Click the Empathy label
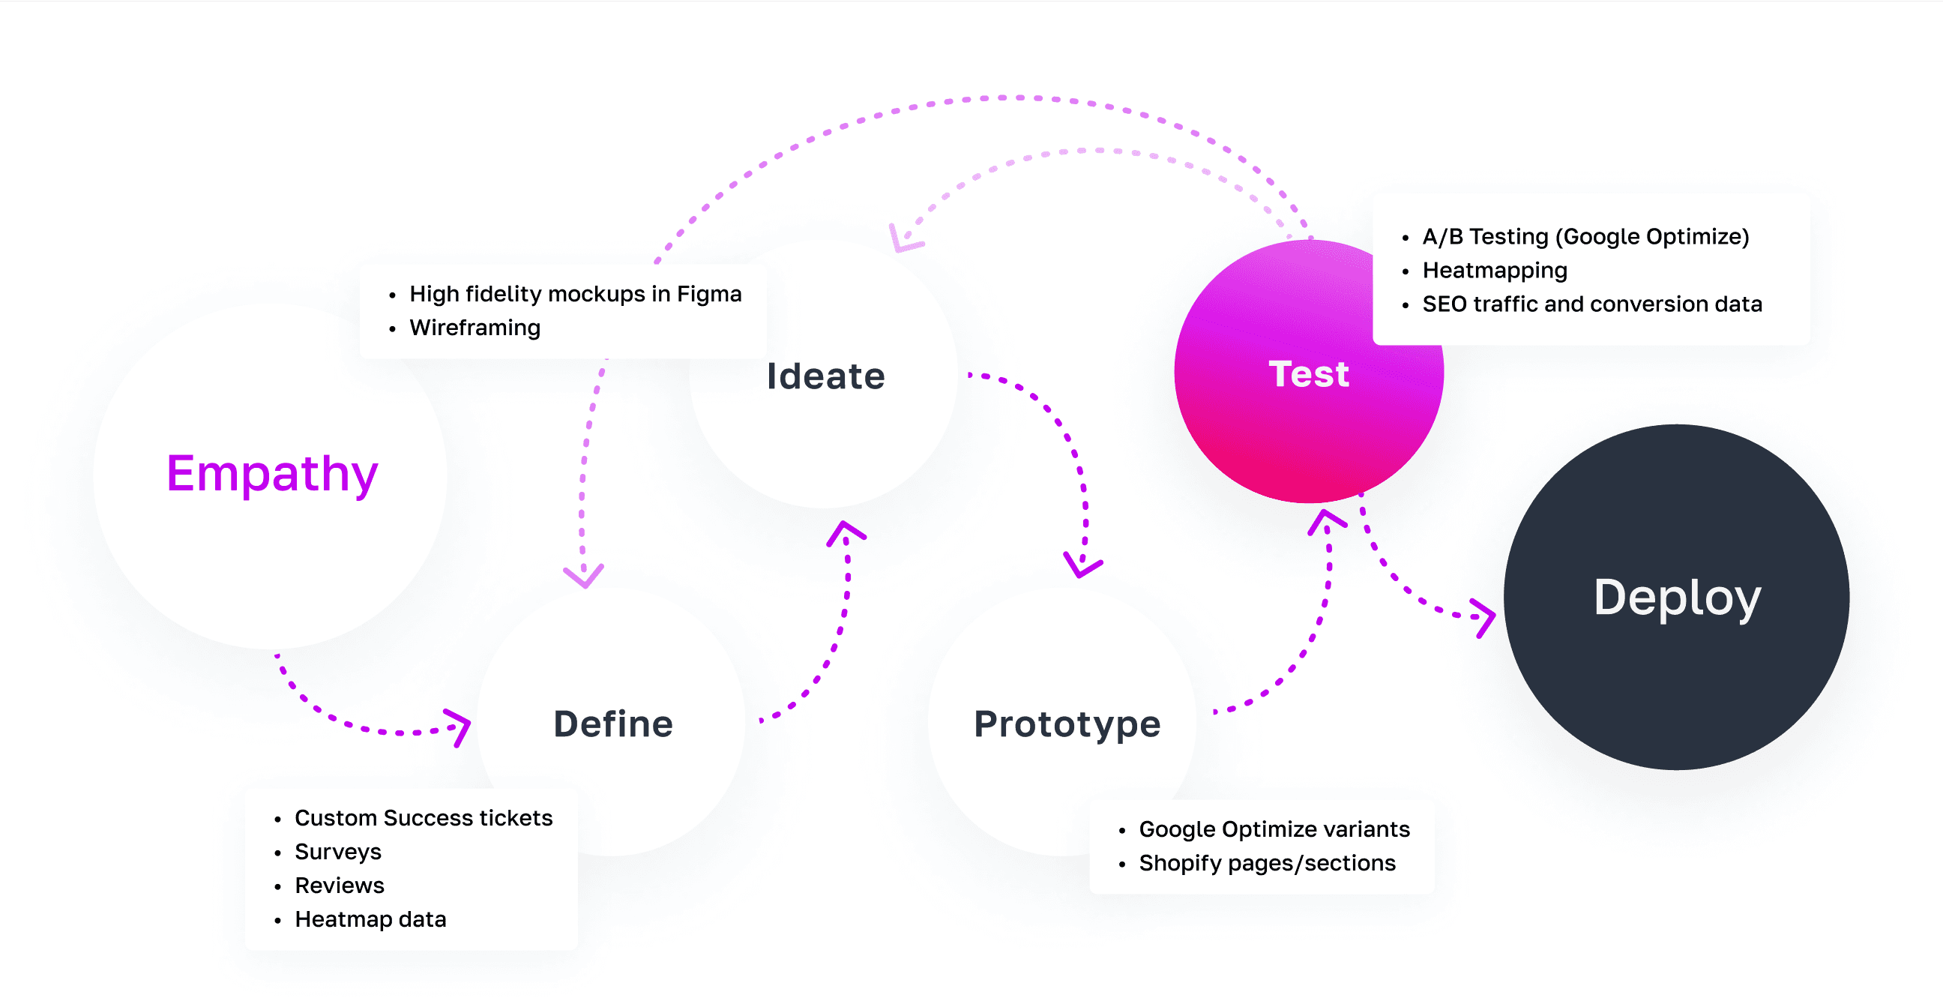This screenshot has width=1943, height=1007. tap(271, 475)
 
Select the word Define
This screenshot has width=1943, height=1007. tap(613, 724)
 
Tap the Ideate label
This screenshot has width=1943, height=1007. tap(826, 376)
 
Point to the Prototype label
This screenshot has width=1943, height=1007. tap(1067, 724)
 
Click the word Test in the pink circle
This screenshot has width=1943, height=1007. tap(1309, 374)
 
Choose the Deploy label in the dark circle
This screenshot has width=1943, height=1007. tap(1677, 598)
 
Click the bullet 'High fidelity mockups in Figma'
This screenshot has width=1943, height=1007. tap(575, 294)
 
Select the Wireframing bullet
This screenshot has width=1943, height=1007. tap(475, 328)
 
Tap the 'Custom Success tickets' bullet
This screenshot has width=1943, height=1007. tap(423, 819)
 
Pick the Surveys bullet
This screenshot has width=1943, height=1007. tap(338, 853)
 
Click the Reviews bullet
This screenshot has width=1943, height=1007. tap(340, 886)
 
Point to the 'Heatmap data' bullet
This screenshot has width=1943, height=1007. tap(370, 919)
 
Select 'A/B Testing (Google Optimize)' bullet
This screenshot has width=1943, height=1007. tap(1585, 237)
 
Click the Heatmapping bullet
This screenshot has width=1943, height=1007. tap(1494, 271)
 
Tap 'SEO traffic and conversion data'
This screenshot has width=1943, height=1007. tap(1591, 304)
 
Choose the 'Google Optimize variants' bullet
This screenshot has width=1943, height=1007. tap(1274, 830)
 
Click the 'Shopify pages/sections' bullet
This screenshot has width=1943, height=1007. tap(1267, 864)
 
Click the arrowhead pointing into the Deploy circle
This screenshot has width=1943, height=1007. tap(1483, 618)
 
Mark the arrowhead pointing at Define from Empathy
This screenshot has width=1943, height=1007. tap(459, 727)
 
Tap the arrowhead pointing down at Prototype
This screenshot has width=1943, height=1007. tap(1082, 565)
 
